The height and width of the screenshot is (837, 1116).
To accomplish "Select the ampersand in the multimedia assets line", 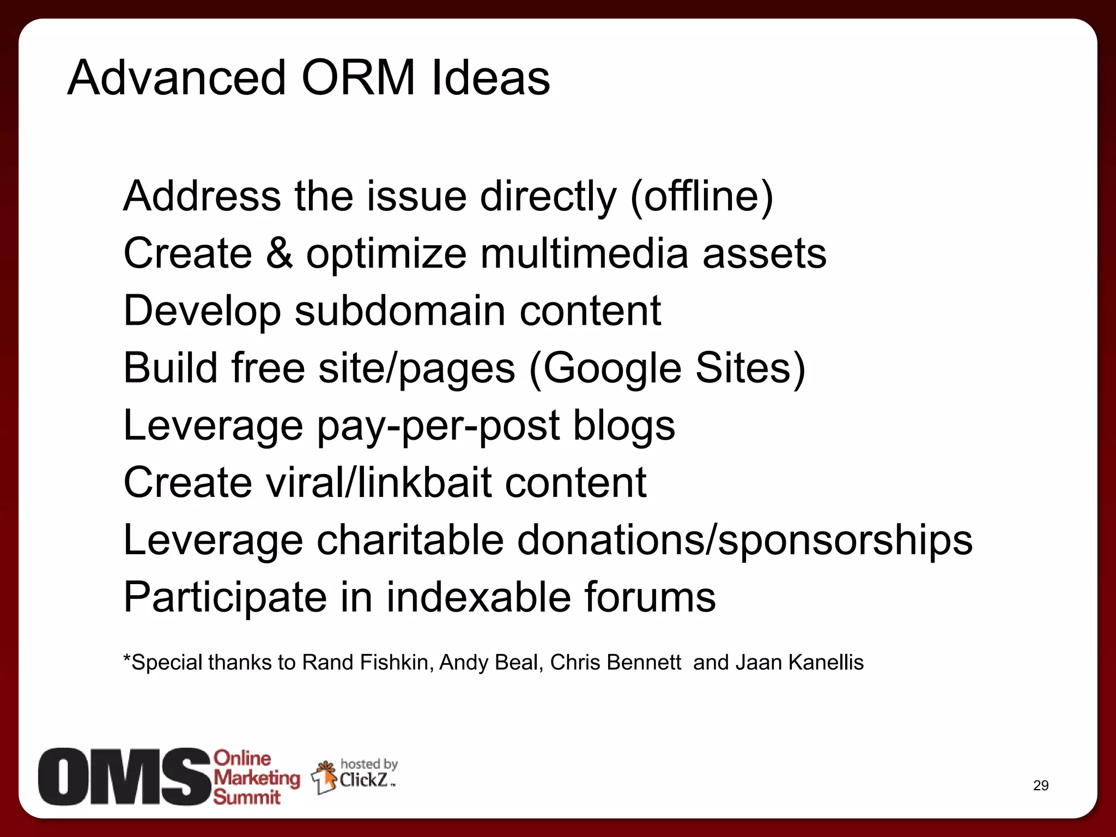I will tap(279, 253).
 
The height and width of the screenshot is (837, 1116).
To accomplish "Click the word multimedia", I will tap(584, 253).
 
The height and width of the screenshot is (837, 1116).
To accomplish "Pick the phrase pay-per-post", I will tap(438, 426).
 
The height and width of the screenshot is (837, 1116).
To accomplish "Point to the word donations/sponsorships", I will tap(744, 541).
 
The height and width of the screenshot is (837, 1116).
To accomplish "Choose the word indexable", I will tap(478, 597).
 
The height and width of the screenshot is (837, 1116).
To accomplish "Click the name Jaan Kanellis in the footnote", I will tap(799, 663).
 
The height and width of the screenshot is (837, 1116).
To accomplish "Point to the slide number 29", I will tap(1040, 785).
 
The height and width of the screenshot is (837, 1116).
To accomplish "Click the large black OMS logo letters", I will tap(124, 777).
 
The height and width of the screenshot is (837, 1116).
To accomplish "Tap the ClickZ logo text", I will tap(363, 780).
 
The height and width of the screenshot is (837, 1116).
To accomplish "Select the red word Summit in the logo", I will tap(247, 797).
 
